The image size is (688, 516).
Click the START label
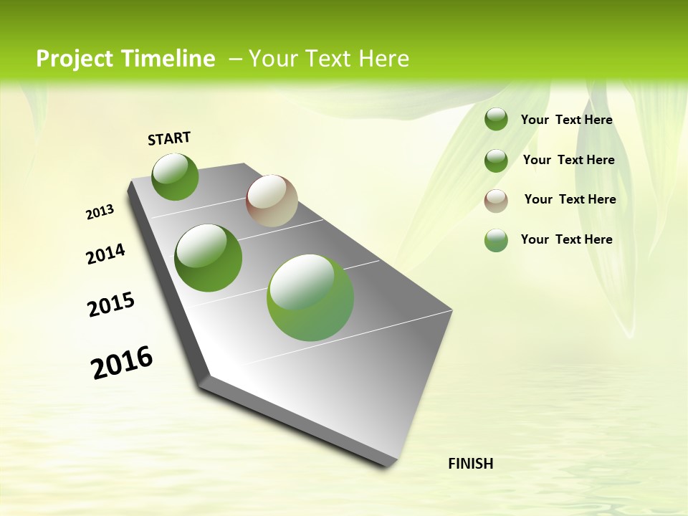coord(169,138)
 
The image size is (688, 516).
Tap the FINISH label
coord(470,464)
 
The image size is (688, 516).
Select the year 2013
coord(100,212)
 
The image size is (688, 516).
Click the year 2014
coord(105,254)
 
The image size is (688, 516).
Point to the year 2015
coord(111,305)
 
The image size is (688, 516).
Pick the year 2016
coord(122,362)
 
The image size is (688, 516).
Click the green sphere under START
coord(175,176)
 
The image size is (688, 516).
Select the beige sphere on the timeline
coord(272,201)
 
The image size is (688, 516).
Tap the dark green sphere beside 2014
coord(208,257)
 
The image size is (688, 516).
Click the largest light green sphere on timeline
coord(310,297)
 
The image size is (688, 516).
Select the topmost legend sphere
coord(496,120)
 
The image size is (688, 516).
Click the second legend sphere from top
coord(496,161)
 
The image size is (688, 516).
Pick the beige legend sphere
coord(496,200)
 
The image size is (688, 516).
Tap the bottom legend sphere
coord(496,240)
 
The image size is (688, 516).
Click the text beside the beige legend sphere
coord(570,199)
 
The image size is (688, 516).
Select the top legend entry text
coord(566,120)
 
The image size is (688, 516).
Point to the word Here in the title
coord(383,59)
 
